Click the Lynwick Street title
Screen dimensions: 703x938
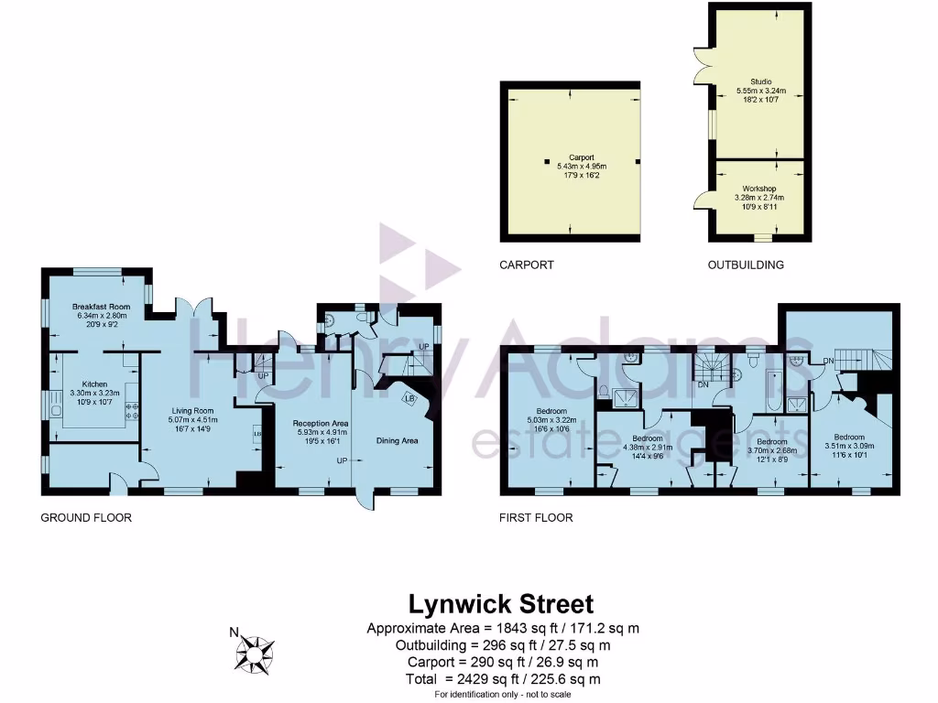500,604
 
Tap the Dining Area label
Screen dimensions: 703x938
398,440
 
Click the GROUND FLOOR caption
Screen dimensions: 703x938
86,518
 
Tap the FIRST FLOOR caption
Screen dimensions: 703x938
536,518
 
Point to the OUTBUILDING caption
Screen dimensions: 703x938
746,265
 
